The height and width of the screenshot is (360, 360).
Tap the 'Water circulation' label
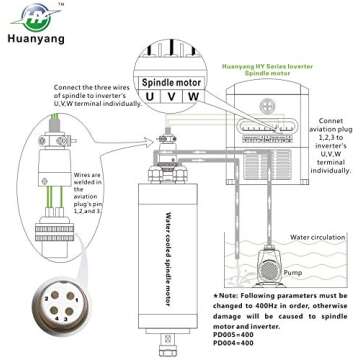(x=294, y=237)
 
